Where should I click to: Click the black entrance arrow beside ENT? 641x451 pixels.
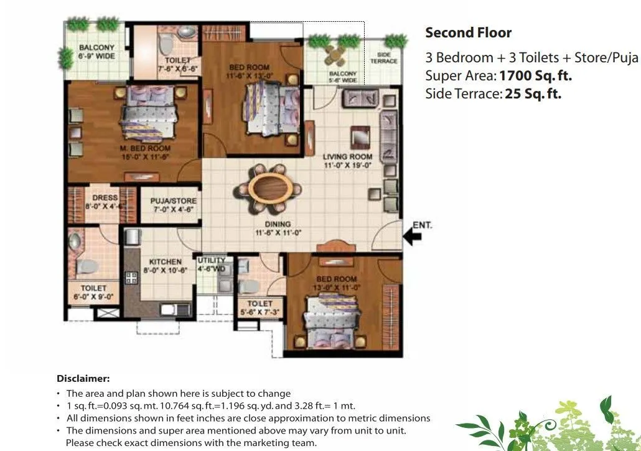point(412,235)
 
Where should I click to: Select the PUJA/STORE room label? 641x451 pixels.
point(174,201)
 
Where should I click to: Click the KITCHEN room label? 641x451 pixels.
point(165,262)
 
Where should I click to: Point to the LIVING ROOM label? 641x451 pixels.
point(347,157)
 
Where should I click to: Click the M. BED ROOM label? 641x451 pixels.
point(146,148)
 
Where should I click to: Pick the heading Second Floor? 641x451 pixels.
point(468,32)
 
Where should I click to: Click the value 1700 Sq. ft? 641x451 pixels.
point(535,76)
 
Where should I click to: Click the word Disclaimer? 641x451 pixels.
point(83,378)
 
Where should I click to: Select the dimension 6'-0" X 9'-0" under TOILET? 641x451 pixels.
point(93,298)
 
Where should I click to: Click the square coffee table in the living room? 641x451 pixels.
point(359,136)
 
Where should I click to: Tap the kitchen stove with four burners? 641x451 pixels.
point(131,277)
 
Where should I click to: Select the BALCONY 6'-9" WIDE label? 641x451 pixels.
point(96,52)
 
